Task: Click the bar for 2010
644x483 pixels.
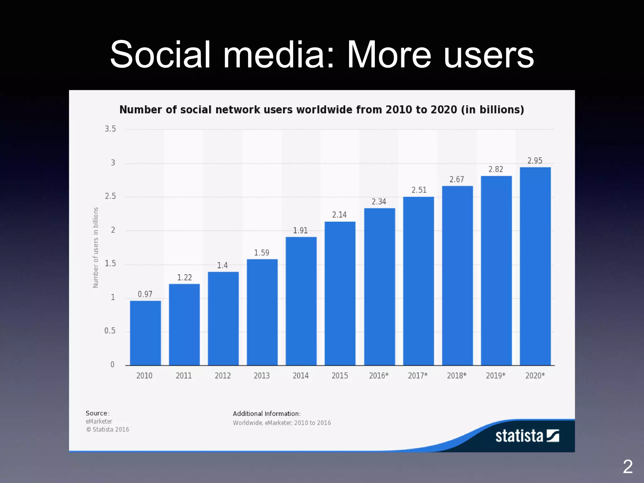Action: click(145, 333)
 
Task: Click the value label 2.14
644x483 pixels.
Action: click(339, 215)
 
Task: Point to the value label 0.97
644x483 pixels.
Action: click(145, 294)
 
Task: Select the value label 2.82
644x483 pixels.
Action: click(496, 169)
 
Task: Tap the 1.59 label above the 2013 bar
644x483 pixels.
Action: click(262, 253)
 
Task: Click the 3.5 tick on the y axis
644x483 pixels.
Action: click(110, 129)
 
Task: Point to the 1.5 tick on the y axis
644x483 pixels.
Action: click(110, 264)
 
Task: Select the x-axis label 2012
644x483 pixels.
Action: click(223, 375)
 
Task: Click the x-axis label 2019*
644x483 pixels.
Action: click(496, 375)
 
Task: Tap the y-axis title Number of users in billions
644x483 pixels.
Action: click(96, 247)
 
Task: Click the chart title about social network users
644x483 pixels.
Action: click(322, 110)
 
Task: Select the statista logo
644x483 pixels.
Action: click(527, 436)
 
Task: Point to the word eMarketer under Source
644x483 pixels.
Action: click(99, 421)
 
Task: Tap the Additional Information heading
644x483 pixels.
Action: click(267, 414)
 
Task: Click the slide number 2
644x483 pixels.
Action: click(627, 467)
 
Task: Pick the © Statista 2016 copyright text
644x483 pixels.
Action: click(108, 430)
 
